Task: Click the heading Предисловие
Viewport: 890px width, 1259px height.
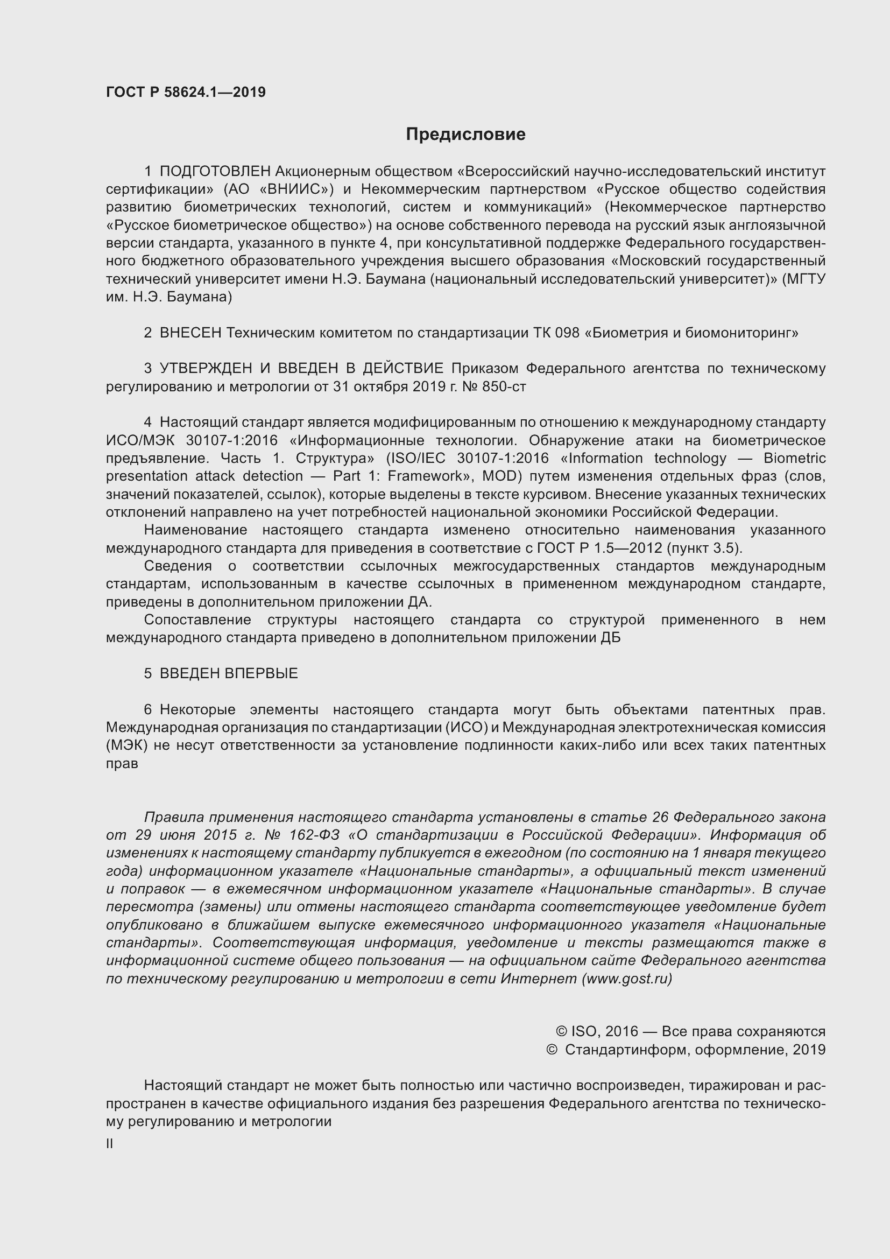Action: (465, 135)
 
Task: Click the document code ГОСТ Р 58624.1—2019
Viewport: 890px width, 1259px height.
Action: (186, 92)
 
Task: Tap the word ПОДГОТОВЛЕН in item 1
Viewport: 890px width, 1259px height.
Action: (215, 172)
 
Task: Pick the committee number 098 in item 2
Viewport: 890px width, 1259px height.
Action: (567, 333)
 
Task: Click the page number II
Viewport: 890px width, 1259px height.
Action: (110, 1144)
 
